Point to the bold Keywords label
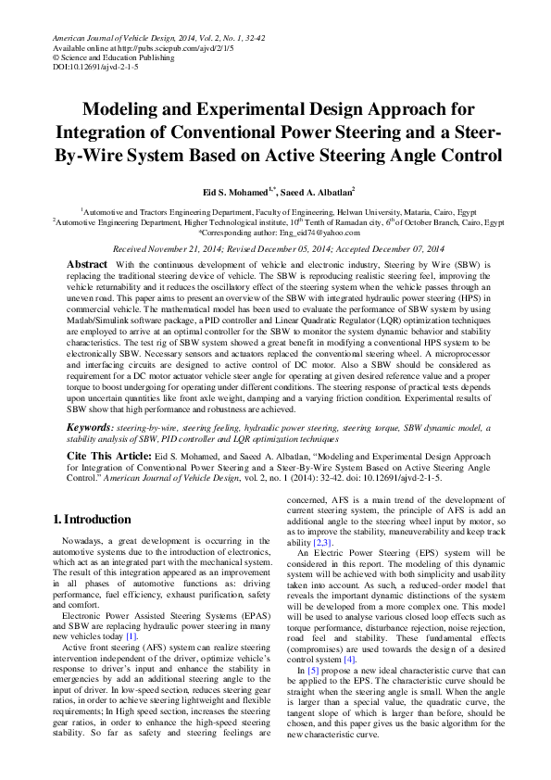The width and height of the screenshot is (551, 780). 91,428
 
